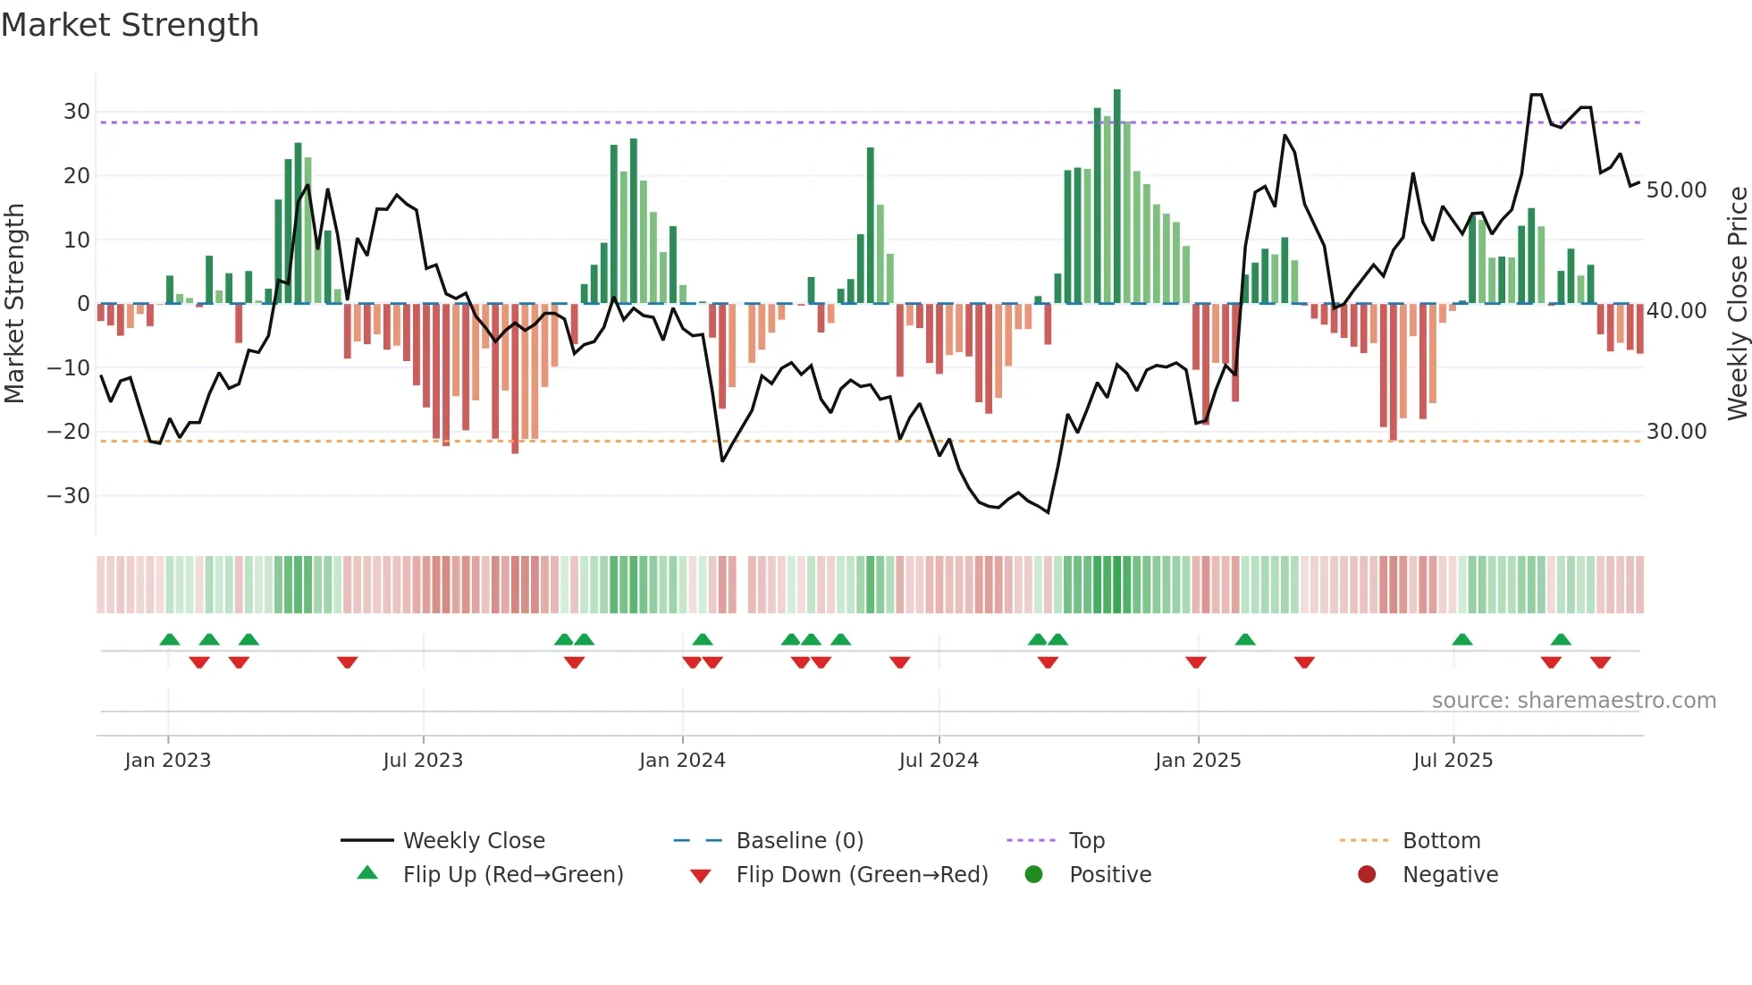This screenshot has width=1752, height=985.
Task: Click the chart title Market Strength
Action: [x=130, y=25]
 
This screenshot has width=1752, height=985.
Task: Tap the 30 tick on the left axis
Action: [x=77, y=112]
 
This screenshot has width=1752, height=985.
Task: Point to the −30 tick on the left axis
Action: [x=69, y=495]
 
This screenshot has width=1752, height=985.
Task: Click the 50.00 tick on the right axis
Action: [x=1676, y=190]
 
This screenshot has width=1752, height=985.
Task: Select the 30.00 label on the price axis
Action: [x=1676, y=432]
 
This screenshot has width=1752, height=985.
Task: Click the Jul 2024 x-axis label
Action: [x=939, y=761]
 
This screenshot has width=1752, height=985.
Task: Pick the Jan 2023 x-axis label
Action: [x=168, y=761]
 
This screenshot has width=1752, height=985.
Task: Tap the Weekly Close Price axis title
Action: [x=1737, y=303]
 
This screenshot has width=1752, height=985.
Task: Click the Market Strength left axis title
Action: [x=14, y=303]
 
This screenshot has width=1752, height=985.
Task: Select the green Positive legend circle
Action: [x=1033, y=875]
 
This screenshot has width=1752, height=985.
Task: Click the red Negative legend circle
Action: [x=1367, y=875]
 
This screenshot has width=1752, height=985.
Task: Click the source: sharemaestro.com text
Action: [x=1573, y=701]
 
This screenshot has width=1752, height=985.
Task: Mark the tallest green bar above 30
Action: [x=1116, y=197]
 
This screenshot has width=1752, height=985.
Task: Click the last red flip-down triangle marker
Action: [x=1600, y=662]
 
